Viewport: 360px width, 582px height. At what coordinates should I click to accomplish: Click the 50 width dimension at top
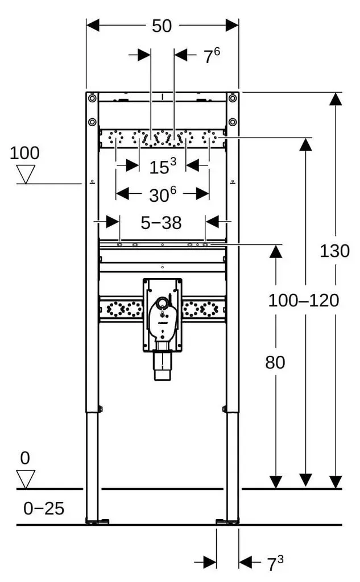162,26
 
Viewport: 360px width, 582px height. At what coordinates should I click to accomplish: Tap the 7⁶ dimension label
212,55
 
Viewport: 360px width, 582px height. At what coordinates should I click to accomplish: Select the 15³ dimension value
163,166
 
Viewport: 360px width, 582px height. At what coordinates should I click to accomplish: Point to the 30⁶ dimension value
163,194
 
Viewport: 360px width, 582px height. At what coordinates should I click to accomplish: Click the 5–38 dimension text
162,223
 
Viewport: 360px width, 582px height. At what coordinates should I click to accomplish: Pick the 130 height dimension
335,251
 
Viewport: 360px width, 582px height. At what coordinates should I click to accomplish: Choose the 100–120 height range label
304,300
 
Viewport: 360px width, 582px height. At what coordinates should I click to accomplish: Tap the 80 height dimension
275,362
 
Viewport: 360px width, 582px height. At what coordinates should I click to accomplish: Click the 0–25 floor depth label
44,509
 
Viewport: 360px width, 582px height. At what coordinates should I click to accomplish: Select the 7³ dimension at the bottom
275,563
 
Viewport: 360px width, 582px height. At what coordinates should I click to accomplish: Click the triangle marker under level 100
26,174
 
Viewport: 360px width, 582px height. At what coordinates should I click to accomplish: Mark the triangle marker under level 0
26,479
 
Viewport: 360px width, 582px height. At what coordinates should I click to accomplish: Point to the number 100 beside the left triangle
24,153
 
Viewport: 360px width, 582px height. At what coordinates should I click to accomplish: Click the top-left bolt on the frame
92,98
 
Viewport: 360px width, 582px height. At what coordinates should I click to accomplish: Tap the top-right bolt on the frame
233,98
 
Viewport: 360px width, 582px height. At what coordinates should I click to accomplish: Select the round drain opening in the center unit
162,304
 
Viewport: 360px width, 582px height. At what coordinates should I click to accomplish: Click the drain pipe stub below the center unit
162,366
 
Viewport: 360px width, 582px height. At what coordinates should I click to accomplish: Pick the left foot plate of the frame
97,521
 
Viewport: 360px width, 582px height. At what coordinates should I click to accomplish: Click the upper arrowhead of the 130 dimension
336,99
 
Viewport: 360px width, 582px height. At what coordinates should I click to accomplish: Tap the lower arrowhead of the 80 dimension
276,482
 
